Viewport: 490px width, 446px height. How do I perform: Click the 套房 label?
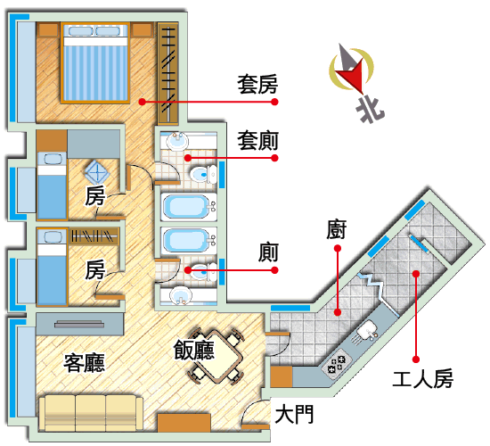257,85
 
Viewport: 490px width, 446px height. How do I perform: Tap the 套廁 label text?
257,141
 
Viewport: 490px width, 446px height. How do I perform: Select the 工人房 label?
422,379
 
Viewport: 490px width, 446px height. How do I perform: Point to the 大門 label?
294,414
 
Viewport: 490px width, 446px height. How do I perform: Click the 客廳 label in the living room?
84,363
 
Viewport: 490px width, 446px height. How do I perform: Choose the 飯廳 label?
194,350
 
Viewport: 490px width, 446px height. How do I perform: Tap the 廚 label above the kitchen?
337,230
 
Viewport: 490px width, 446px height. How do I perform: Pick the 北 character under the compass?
371,110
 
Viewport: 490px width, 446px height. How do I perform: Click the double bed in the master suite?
95,62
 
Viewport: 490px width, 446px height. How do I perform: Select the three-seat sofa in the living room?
91,413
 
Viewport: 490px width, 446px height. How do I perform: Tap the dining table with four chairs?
216,356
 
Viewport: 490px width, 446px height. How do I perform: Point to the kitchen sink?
368,332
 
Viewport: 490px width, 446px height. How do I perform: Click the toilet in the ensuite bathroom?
203,174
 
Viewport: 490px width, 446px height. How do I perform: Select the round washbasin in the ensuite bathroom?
177,142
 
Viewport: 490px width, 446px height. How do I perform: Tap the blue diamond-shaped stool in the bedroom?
97,172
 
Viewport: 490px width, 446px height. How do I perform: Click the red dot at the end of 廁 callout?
274,269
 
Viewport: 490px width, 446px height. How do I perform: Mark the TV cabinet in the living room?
79,325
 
